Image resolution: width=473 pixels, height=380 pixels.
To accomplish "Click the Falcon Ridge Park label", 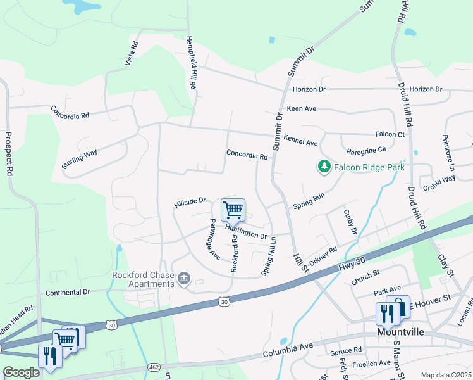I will click(369, 167).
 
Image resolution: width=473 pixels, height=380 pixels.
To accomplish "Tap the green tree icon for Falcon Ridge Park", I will click(324, 167).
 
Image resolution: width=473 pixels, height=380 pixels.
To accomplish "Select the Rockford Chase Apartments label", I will click(143, 279).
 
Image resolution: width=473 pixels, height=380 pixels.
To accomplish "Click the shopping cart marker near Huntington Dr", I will click(233, 209).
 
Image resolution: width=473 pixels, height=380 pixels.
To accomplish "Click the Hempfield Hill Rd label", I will click(191, 61).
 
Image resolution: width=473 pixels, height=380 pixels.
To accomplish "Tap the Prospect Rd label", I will click(9, 153).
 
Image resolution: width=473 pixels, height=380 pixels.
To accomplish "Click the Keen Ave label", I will click(301, 109).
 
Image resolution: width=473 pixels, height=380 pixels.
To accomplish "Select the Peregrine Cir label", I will click(366, 151).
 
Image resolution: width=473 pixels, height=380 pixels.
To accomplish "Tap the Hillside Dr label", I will click(190, 202).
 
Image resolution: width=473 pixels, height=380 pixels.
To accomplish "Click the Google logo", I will click(21, 372).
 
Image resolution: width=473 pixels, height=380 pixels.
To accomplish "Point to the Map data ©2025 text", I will click(445, 375).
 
